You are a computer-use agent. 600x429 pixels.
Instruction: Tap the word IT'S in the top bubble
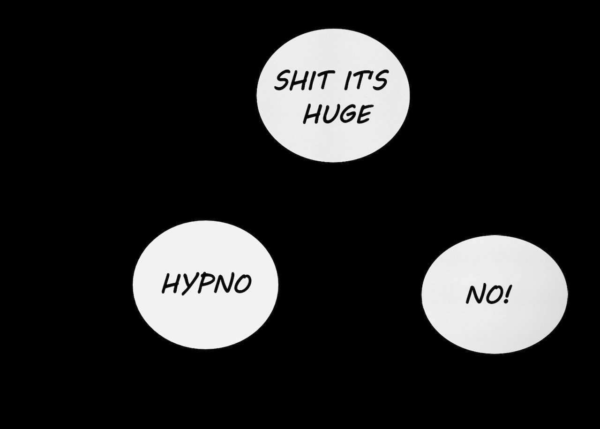click(x=366, y=80)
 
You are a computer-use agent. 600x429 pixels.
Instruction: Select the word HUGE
click(x=338, y=114)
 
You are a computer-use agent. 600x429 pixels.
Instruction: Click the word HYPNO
click(x=207, y=284)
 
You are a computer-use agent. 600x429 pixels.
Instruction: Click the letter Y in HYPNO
click(x=188, y=285)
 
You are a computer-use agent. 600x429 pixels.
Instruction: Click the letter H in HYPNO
click(x=171, y=283)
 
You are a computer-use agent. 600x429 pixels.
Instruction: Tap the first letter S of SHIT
click(x=282, y=80)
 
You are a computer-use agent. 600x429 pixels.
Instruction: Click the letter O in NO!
click(x=493, y=295)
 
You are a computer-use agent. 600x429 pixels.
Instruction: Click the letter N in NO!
click(x=475, y=294)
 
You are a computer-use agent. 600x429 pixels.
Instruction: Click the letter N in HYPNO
click(x=223, y=283)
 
